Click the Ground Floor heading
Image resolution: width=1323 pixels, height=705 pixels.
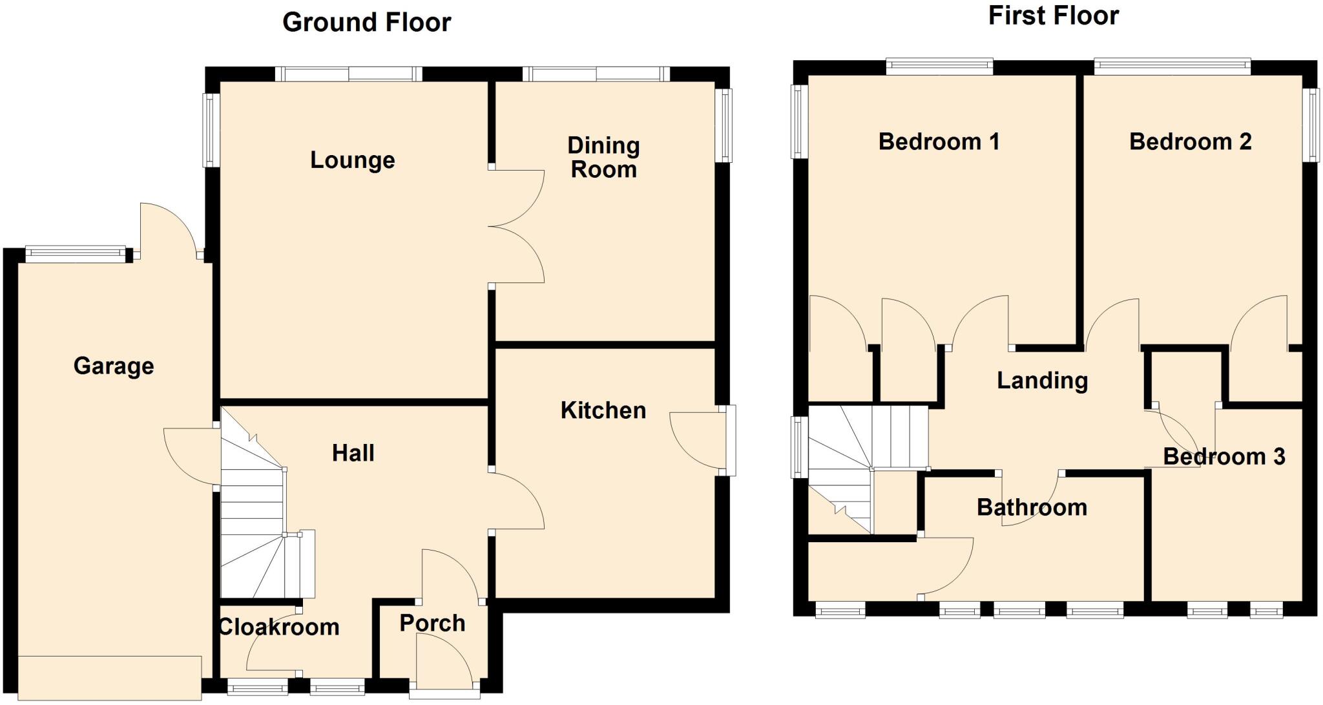pyautogui.click(x=366, y=23)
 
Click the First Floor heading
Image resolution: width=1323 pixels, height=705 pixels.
pyautogui.click(x=1053, y=16)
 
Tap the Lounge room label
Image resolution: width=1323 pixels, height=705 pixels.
pyautogui.click(x=352, y=160)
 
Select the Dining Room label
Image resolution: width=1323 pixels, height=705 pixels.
pyautogui.click(x=603, y=157)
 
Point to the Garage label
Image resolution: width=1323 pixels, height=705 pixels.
pyautogui.click(x=114, y=366)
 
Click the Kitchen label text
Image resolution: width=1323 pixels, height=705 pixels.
pyautogui.click(x=603, y=410)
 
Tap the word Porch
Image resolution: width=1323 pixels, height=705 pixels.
pyautogui.click(x=432, y=624)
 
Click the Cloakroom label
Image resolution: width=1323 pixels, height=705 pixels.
pyautogui.click(x=279, y=627)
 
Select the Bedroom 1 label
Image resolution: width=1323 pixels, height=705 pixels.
pyautogui.click(x=939, y=142)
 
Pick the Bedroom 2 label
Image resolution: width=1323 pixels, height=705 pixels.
pyautogui.click(x=1190, y=142)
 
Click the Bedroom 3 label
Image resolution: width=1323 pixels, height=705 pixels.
pyautogui.click(x=1224, y=457)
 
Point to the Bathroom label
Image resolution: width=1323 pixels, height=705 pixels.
pyautogui.click(x=1032, y=507)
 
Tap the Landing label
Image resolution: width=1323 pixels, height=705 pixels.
pyautogui.click(x=1042, y=381)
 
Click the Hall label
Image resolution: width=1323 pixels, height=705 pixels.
pyautogui.click(x=353, y=453)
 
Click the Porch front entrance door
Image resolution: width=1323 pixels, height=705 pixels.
pyautogui.click(x=446, y=662)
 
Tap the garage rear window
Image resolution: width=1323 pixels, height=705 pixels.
pyautogui.click(x=76, y=253)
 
